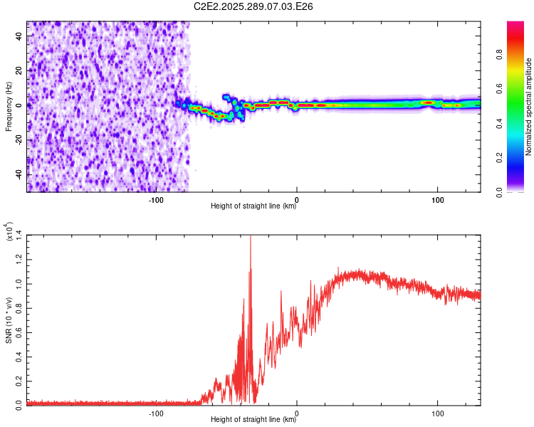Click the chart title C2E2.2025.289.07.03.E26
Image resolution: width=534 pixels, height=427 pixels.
pos(253,6)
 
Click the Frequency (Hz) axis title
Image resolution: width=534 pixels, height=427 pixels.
pos(9,107)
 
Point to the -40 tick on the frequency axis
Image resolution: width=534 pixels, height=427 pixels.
pos(19,174)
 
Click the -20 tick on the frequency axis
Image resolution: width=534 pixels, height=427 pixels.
pos(19,139)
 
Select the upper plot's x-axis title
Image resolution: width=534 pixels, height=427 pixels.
pos(253,207)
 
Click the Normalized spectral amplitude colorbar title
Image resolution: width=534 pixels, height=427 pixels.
pos(528,107)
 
